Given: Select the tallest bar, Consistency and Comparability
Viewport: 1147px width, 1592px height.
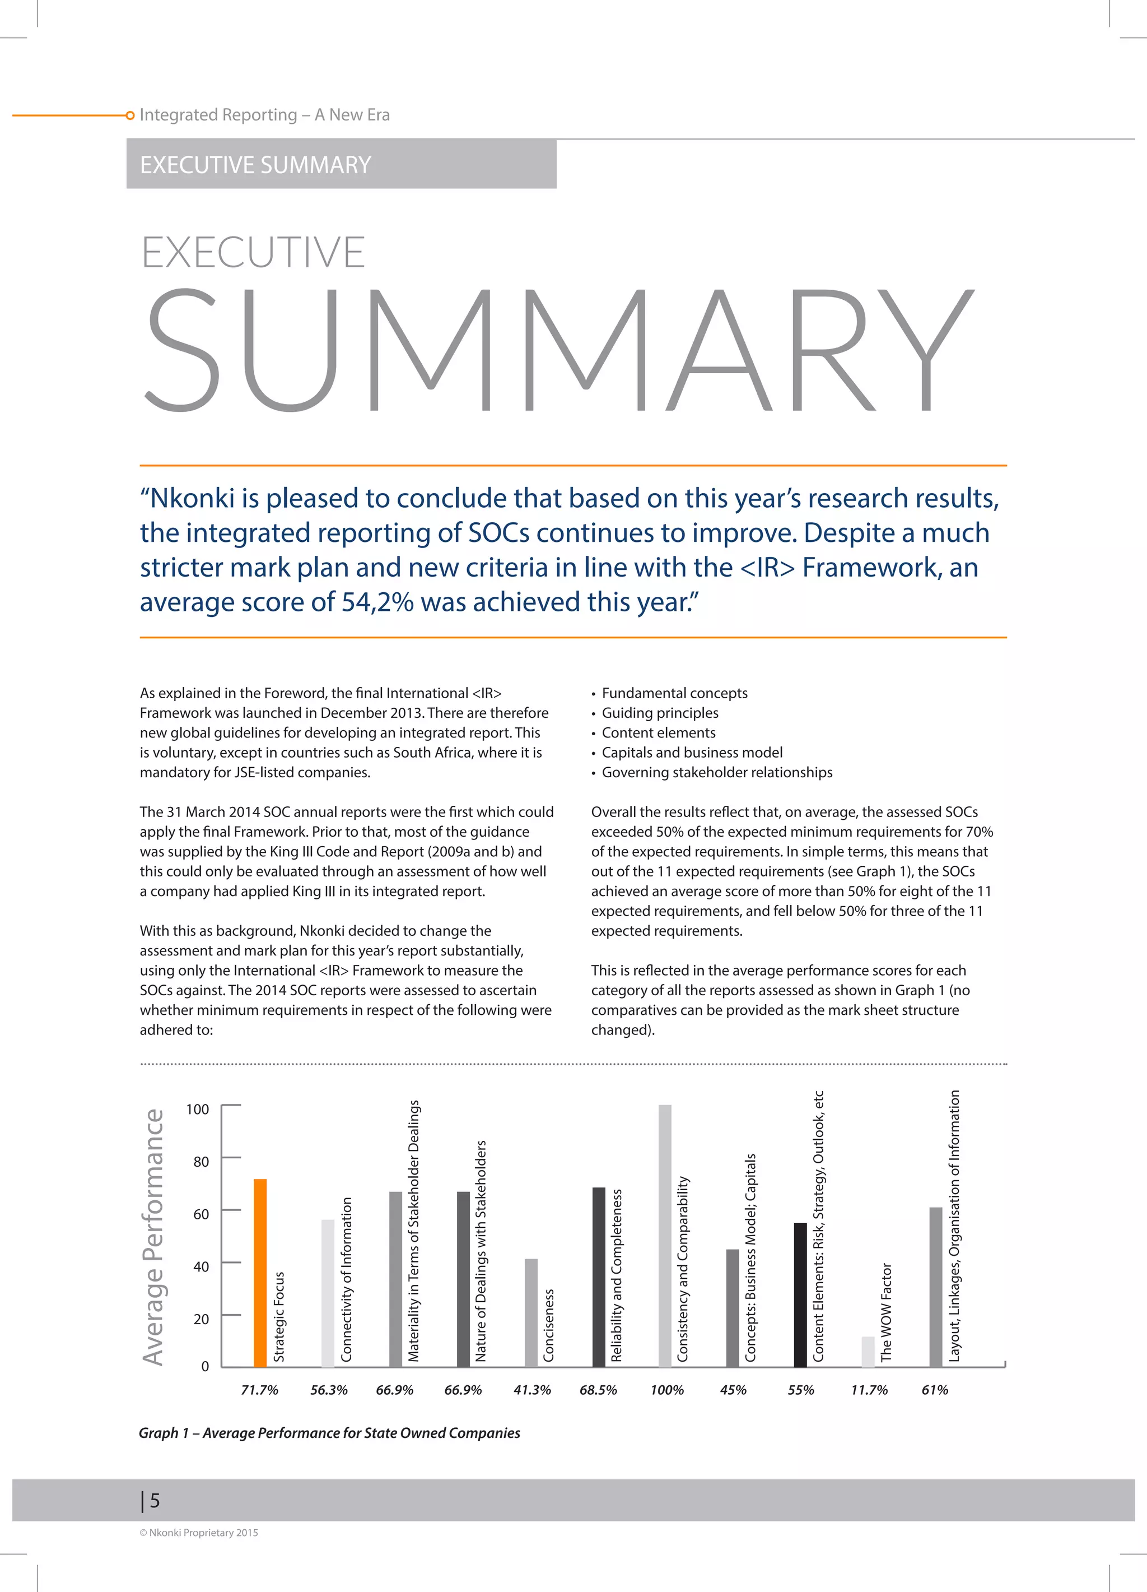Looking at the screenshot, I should click(665, 1236).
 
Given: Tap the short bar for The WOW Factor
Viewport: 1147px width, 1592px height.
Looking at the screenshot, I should click(868, 1351).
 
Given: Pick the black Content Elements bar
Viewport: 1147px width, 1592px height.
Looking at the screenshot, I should click(800, 1295).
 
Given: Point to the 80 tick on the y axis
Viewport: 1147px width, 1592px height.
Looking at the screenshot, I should click(201, 1162).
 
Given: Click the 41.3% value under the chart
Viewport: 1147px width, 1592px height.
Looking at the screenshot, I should click(531, 1390).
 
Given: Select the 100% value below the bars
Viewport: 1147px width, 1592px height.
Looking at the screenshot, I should click(666, 1390).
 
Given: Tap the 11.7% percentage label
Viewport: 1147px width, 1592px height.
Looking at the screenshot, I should click(869, 1390).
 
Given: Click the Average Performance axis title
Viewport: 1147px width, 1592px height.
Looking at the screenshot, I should click(153, 1237).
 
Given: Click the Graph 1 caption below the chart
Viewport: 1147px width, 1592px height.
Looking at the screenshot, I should click(329, 1433).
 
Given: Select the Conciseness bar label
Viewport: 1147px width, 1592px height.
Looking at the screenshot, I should click(549, 1325).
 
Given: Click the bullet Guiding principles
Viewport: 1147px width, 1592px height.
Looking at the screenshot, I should click(659, 712).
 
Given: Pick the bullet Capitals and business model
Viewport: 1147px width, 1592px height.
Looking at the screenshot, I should click(692, 753).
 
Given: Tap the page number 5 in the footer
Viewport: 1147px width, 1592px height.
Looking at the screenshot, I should click(155, 1501).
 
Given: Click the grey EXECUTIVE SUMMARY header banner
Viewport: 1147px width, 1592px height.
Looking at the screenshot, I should click(341, 164).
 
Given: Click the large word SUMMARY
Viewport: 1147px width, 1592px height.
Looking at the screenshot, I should click(559, 350).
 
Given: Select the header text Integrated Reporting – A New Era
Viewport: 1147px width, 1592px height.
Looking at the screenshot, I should click(264, 114).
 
